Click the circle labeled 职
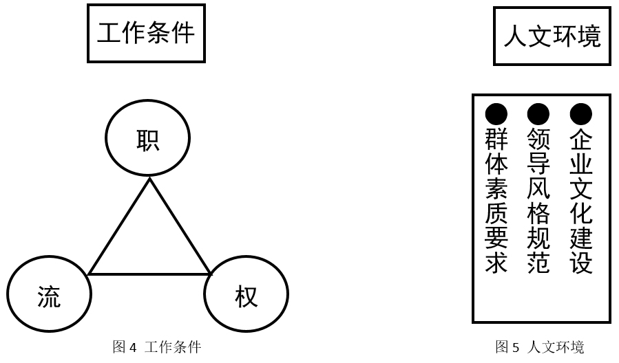[x=147, y=137]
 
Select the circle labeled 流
[x=49, y=294]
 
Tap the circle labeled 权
[x=246, y=294]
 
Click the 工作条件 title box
[x=146, y=33]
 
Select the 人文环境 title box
[x=552, y=36]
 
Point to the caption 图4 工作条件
[x=157, y=346]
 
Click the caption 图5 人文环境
[x=540, y=346]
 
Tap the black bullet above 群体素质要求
[x=496, y=114]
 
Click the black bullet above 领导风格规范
[x=538, y=114]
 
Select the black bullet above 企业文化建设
[x=580, y=114]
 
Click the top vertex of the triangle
[x=149, y=179]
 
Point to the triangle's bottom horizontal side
[x=149, y=274]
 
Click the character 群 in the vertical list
[x=496, y=139]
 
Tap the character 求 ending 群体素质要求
[x=496, y=263]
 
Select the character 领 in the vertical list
[x=538, y=139]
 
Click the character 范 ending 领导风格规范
[x=538, y=263]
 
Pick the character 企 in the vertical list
[x=580, y=139]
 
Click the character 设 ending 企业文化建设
[x=580, y=263]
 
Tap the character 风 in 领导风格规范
[x=538, y=188]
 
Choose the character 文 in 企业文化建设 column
[x=580, y=188]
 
